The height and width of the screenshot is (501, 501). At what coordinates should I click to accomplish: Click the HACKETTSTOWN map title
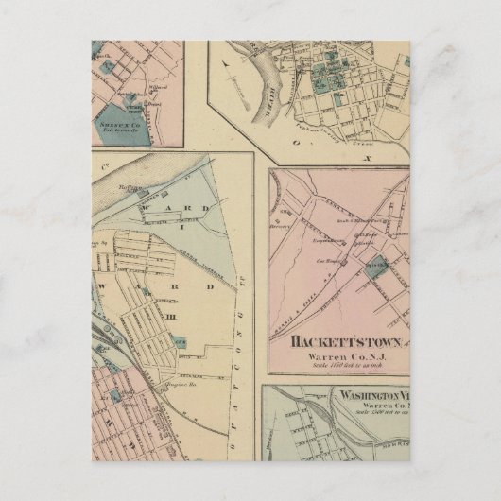pyautogui.click(x=337, y=342)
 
